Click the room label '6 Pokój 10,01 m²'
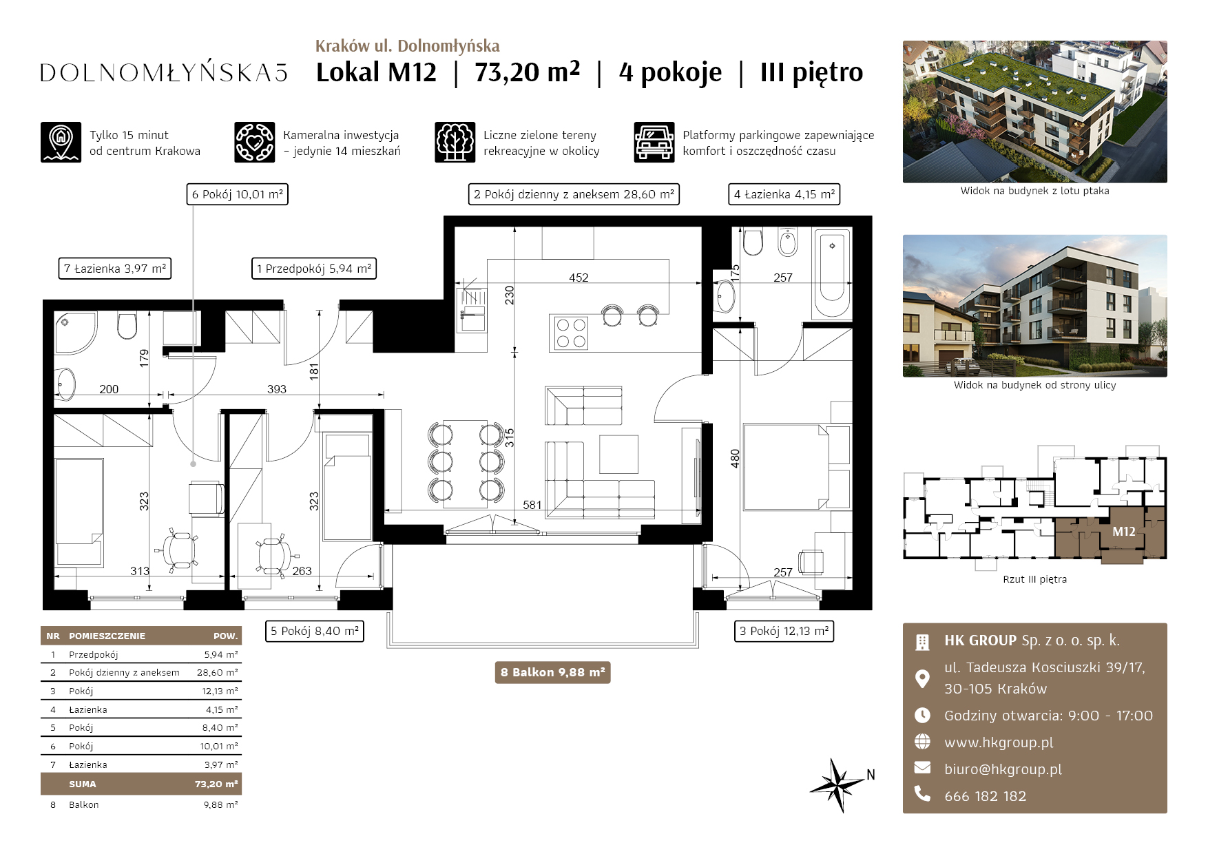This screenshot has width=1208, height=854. (x=237, y=194)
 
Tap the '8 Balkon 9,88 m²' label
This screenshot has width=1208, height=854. (x=552, y=672)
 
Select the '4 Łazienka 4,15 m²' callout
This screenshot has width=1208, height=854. (x=784, y=194)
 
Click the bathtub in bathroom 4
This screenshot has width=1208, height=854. (x=832, y=273)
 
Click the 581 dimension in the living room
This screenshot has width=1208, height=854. (x=532, y=505)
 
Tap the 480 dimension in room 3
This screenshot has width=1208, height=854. (x=735, y=458)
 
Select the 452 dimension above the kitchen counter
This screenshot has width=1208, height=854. (x=579, y=278)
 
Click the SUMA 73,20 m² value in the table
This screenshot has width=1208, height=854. (x=216, y=784)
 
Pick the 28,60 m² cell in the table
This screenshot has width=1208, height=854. (x=217, y=672)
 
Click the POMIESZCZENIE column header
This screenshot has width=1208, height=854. (x=107, y=636)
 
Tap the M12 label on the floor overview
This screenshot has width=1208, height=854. (x=1124, y=532)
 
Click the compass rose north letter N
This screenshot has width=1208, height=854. (x=871, y=775)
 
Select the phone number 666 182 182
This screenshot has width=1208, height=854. (x=985, y=796)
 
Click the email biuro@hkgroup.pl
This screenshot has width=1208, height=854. (x=1003, y=769)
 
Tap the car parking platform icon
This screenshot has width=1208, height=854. (x=654, y=143)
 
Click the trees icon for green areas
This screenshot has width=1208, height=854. (x=455, y=143)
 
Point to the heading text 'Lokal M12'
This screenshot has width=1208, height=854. (x=376, y=72)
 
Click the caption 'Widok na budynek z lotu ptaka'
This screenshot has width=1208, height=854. (x=1034, y=191)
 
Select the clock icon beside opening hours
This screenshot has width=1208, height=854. (x=922, y=715)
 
